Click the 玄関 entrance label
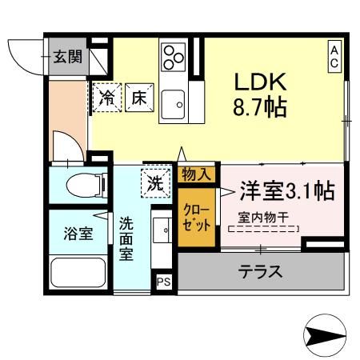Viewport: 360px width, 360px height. [67, 57]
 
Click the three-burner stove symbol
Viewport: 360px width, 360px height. [174, 57]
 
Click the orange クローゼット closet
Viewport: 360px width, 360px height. [197, 217]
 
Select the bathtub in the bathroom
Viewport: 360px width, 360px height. [78, 275]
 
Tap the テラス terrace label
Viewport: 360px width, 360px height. [261, 271]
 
